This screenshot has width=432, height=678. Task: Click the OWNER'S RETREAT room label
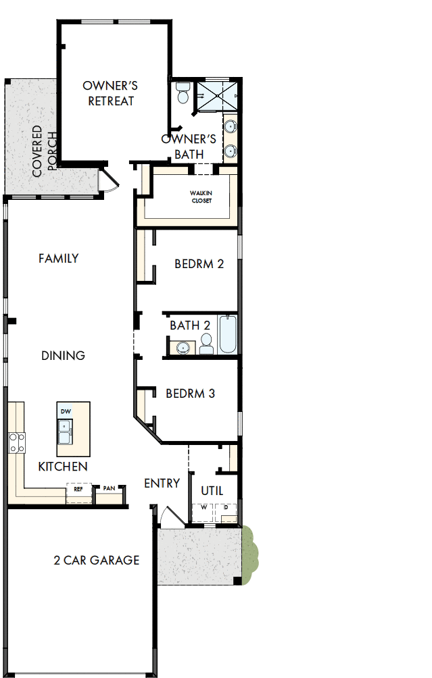point(110,93)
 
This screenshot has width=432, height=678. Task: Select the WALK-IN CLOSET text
point(201,197)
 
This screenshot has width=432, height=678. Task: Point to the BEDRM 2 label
point(199,263)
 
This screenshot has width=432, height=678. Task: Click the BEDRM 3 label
point(190,393)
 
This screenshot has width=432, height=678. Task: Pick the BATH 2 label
point(189,325)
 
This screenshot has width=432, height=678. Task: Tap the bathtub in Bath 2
point(228,334)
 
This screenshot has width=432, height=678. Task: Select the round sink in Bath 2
point(182,348)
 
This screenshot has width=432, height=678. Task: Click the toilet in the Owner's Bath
point(183,94)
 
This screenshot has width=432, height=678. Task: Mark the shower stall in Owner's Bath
point(218,96)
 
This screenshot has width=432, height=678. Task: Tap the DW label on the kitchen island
point(66,411)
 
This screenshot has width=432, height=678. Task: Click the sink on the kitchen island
point(66,432)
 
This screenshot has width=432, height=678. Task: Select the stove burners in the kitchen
point(16,443)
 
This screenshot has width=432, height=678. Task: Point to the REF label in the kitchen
point(78,488)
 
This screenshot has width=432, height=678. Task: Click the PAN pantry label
point(109,488)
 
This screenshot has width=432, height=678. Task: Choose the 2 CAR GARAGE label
point(97,560)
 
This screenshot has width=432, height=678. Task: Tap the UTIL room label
point(212,491)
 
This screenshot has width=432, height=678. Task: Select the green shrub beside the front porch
point(249,546)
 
